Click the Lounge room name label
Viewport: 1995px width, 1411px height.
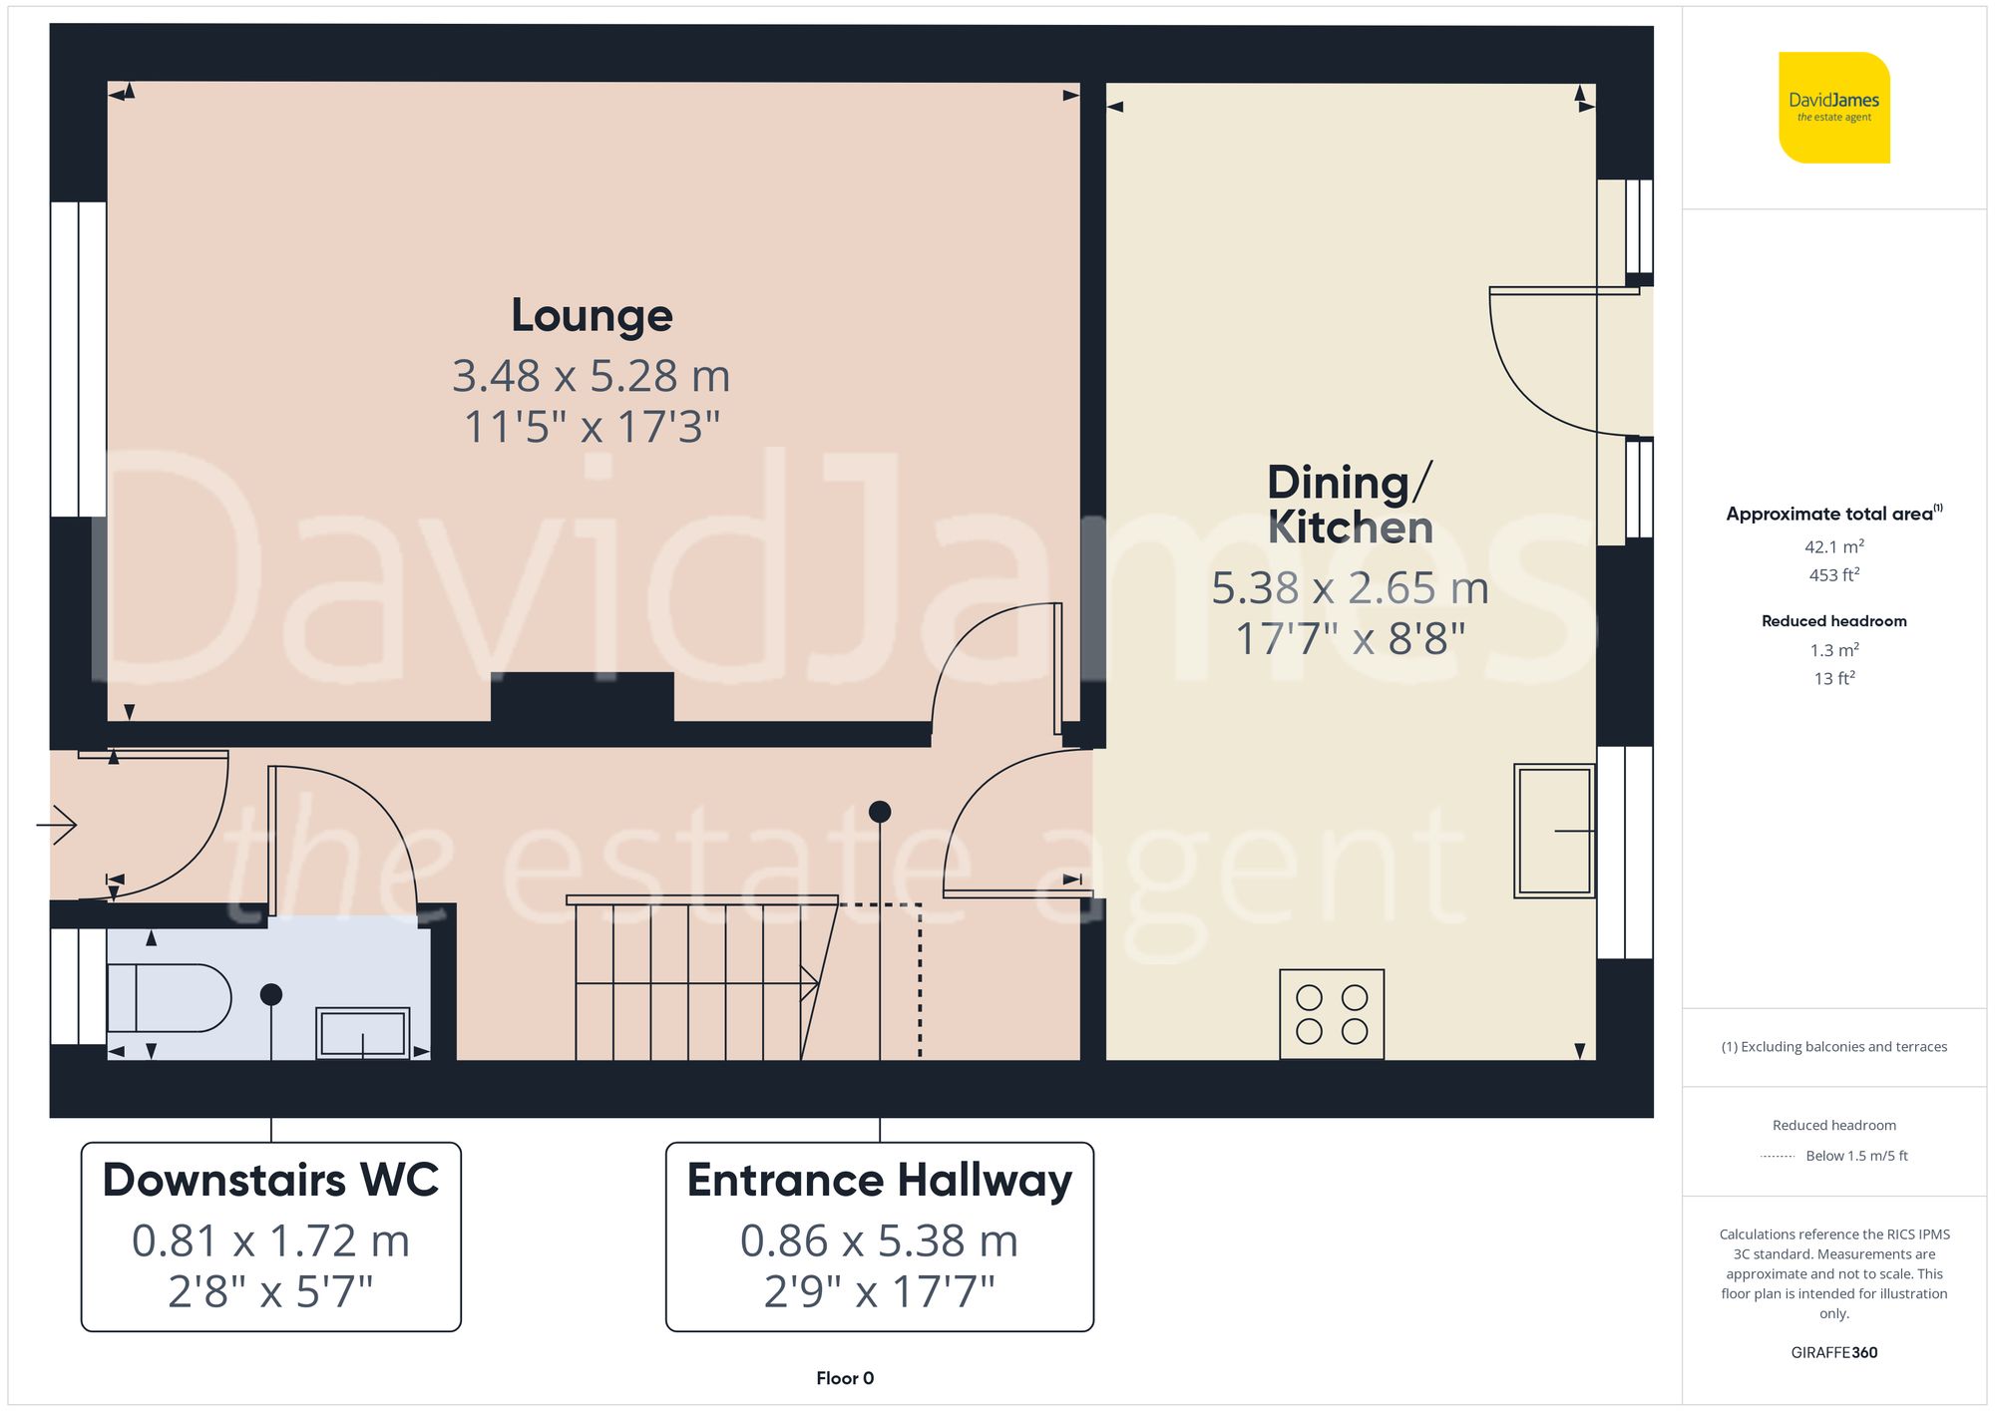[592, 316]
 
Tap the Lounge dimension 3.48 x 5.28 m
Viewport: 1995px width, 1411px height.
[592, 377]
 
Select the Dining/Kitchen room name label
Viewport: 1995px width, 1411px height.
[1350, 505]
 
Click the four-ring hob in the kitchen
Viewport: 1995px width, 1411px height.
[1332, 1014]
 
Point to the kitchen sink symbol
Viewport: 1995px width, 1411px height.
[1553, 831]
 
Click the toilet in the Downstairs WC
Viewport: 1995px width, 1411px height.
[170, 997]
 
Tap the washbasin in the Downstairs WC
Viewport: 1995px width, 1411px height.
[363, 1033]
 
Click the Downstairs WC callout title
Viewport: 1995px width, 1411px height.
[270, 1181]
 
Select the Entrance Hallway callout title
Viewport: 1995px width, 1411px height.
[879, 1181]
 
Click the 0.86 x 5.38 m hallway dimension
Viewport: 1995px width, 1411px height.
[879, 1241]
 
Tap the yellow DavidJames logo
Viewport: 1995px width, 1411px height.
[1833, 108]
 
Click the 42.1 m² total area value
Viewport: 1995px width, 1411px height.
[1833, 546]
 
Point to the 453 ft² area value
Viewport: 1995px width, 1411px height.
[1833, 575]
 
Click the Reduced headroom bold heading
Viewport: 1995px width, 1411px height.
[1833, 621]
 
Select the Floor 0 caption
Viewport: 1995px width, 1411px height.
[844, 1378]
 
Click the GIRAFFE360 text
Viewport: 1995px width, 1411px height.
[1833, 1353]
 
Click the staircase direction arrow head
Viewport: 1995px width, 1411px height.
[811, 984]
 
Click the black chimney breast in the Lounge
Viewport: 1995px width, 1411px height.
[582, 697]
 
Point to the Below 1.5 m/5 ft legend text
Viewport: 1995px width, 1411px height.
[1855, 1156]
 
